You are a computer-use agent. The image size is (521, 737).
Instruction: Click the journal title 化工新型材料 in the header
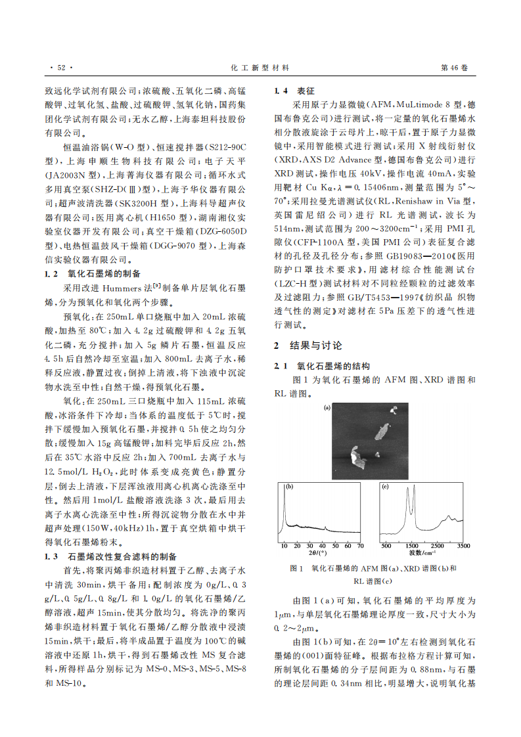click(261, 68)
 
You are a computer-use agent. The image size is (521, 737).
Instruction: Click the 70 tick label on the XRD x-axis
click(360, 546)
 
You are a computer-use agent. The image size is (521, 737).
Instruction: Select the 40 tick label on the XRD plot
click(322, 546)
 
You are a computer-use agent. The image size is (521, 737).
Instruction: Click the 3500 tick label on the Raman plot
click(464, 546)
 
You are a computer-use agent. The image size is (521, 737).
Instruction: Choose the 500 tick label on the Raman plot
click(386, 546)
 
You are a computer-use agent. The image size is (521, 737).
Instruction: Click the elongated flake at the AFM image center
click(382, 430)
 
